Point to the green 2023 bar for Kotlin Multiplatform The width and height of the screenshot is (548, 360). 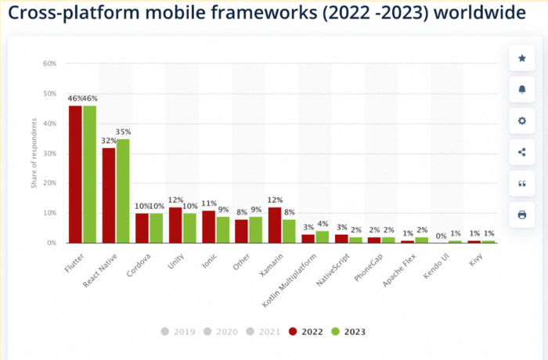322,236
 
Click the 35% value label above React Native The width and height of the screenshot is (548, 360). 123,131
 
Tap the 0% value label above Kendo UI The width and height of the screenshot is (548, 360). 441,235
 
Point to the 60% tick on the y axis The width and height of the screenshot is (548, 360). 49,63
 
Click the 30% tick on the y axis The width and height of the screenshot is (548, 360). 49,153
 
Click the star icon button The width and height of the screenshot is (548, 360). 521,58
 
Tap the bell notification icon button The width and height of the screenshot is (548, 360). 521,89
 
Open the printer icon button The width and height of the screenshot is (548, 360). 521,214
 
